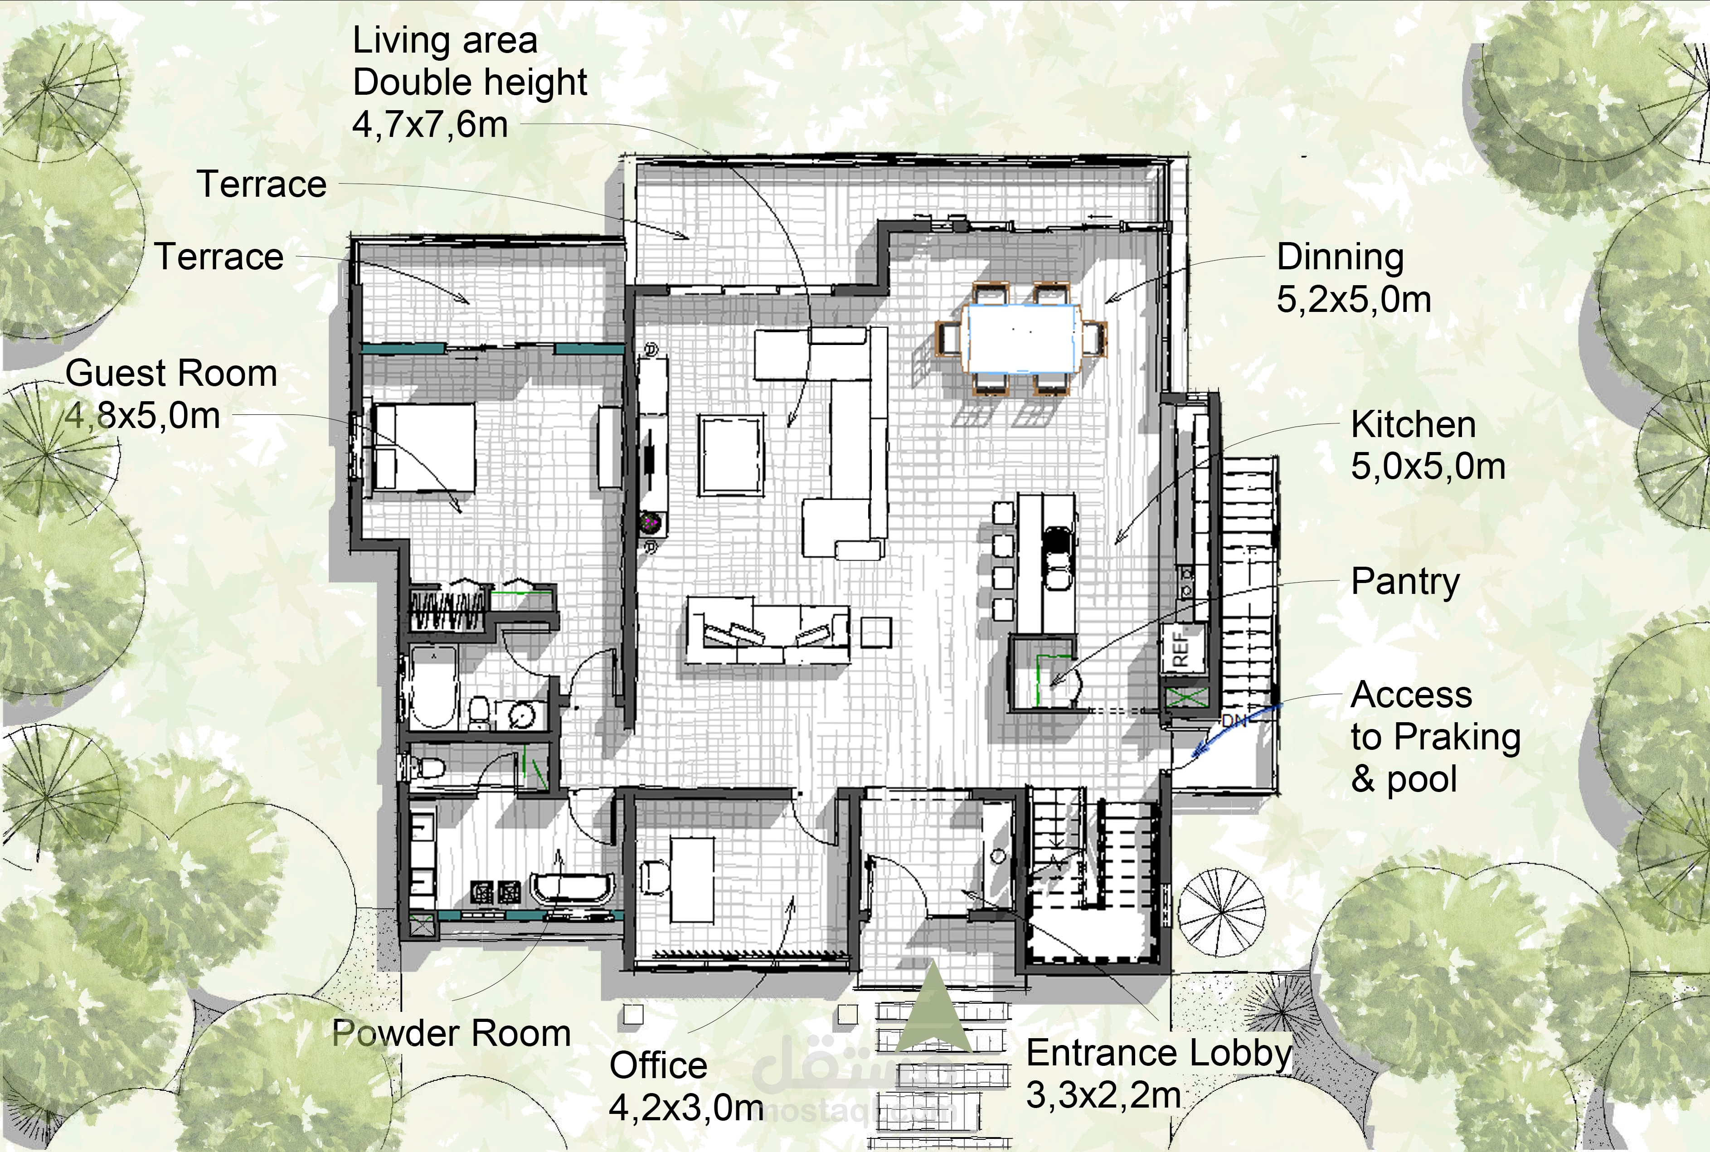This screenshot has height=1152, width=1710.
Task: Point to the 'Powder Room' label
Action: click(x=452, y=1033)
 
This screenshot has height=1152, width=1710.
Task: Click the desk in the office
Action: click(x=693, y=880)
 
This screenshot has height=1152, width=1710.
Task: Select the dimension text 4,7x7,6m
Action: click(x=430, y=124)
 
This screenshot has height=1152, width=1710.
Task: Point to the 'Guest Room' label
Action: click(x=171, y=373)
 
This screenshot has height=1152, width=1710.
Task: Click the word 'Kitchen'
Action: click(x=1413, y=425)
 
